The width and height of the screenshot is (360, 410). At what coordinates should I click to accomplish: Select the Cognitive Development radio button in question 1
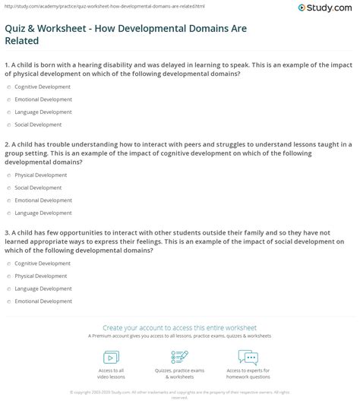[8, 87]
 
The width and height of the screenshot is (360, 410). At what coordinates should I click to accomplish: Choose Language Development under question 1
[8, 112]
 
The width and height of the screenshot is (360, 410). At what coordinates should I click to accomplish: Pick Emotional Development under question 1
[8, 99]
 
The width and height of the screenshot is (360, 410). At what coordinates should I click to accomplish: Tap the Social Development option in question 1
[8, 124]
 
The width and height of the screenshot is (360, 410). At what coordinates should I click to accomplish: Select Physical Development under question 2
[8, 175]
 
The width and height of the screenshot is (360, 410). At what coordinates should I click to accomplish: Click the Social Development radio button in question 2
[8, 187]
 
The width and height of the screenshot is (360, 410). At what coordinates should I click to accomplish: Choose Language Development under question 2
[8, 212]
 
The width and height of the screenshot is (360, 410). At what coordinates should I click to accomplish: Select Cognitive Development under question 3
[8, 263]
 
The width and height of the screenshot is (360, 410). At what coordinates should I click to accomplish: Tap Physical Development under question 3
[8, 276]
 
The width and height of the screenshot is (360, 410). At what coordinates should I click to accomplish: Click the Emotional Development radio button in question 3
[8, 301]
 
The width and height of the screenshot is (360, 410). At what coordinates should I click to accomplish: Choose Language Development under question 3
[8, 288]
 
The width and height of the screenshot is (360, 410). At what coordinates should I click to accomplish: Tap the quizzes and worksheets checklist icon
[179, 357]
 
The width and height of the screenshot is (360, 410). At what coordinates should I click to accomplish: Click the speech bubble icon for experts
[248, 357]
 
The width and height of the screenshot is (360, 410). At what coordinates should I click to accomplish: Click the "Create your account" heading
[179, 325]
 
